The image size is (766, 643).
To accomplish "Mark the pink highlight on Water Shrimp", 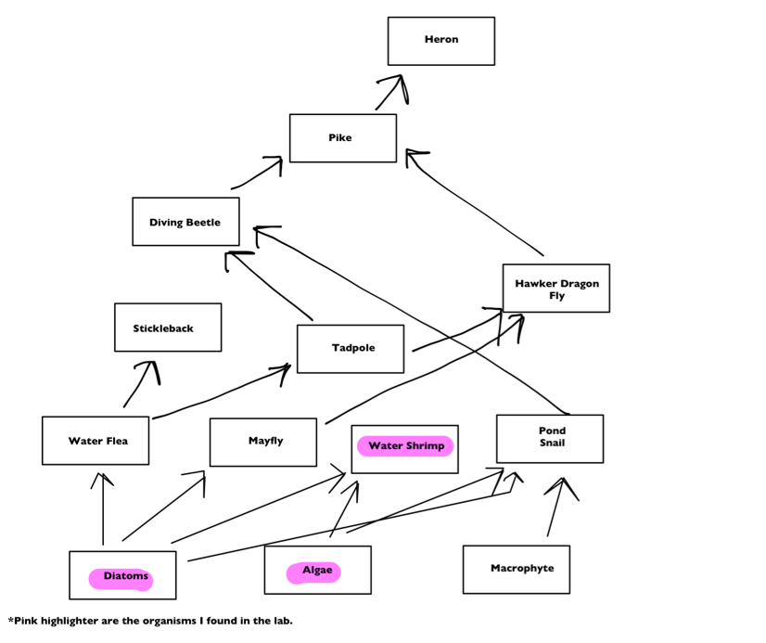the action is [x=405, y=446].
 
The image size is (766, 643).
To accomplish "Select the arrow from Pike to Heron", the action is [x=389, y=92].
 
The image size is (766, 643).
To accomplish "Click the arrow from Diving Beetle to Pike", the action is [x=258, y=173].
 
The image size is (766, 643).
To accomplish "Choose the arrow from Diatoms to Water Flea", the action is [x=103, y=509].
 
